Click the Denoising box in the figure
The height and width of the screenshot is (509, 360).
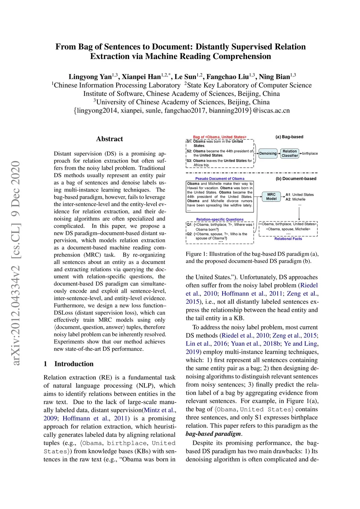[268, 153]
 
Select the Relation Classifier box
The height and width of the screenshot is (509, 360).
[290, 153]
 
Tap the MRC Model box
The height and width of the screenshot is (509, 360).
[271, 196]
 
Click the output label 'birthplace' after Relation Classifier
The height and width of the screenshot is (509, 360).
[310, 153]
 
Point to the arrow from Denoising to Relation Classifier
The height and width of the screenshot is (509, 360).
[279, 153]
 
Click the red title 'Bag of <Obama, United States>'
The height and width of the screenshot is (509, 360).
[220, 137]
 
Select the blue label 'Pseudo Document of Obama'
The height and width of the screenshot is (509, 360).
[220, 179]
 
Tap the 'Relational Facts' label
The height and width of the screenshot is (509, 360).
[288, 239]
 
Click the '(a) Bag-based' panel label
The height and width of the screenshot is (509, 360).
[289, 137]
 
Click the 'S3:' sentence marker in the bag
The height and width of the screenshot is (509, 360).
[189, 161]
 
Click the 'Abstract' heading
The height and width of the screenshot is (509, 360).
[109, 139]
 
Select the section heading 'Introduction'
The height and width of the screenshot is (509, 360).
[74, 364]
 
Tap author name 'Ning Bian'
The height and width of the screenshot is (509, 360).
[274, 77]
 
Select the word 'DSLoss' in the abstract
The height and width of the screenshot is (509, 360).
[63, 313]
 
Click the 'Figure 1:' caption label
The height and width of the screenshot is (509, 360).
[196, 254]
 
